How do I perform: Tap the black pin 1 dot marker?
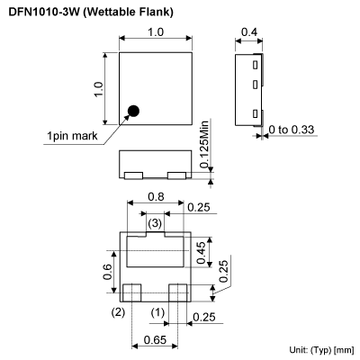pos(133,112)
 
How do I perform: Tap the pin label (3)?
pos(155,221)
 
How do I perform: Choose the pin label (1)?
pos(157,312)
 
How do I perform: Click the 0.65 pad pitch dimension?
pos(155,341)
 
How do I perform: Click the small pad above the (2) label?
pos(133,292)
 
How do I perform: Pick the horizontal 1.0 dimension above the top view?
pos(156,33)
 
